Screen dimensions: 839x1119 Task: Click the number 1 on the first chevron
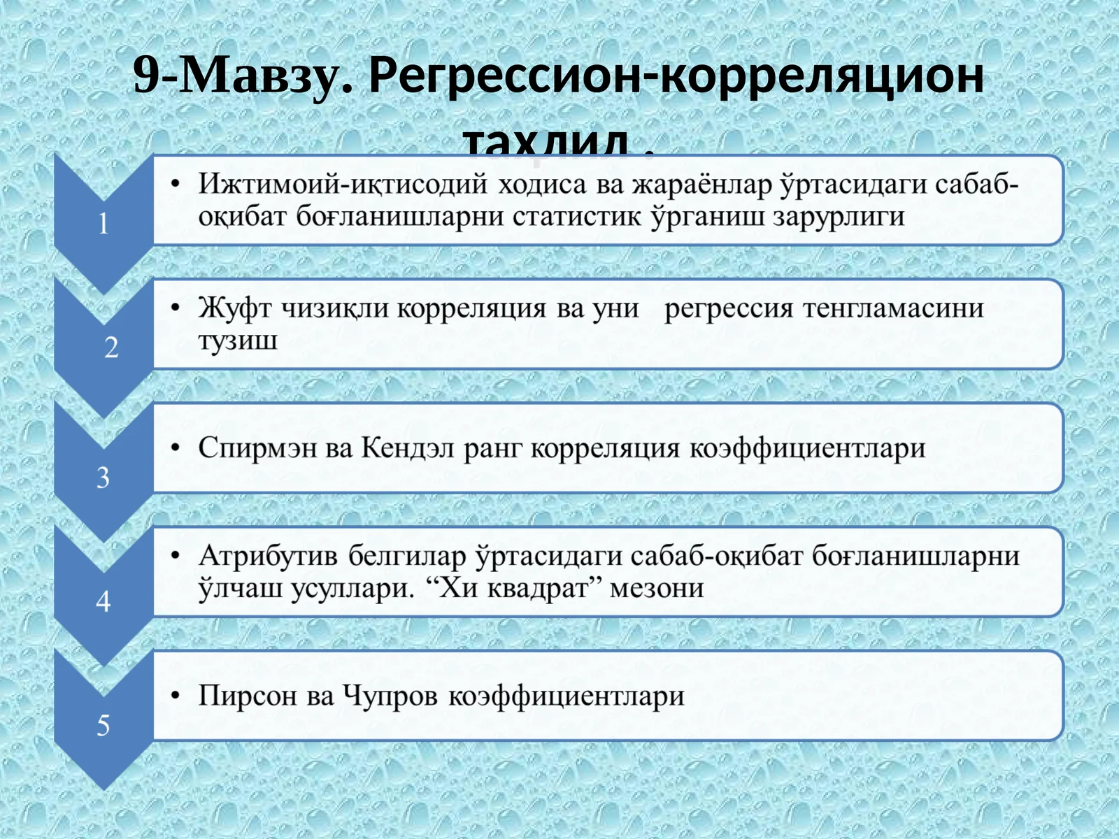[103, 224]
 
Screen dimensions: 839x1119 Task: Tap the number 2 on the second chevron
[111, 347]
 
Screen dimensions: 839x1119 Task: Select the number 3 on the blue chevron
[103, 478]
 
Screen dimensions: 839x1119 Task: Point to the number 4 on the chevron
[103, 601]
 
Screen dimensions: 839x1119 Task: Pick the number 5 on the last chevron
[103, 726]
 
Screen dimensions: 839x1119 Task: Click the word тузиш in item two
[238, 340]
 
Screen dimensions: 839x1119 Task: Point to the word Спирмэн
[257, 448]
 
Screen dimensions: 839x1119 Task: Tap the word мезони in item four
[656, 588]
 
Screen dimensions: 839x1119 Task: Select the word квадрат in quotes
[537, 588]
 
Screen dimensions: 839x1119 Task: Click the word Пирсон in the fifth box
[248, 696]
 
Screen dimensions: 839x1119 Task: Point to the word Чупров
[390, 696]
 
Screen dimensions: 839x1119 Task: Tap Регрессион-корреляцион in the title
[676, 76]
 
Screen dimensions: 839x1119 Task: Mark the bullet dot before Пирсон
[176, 696]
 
